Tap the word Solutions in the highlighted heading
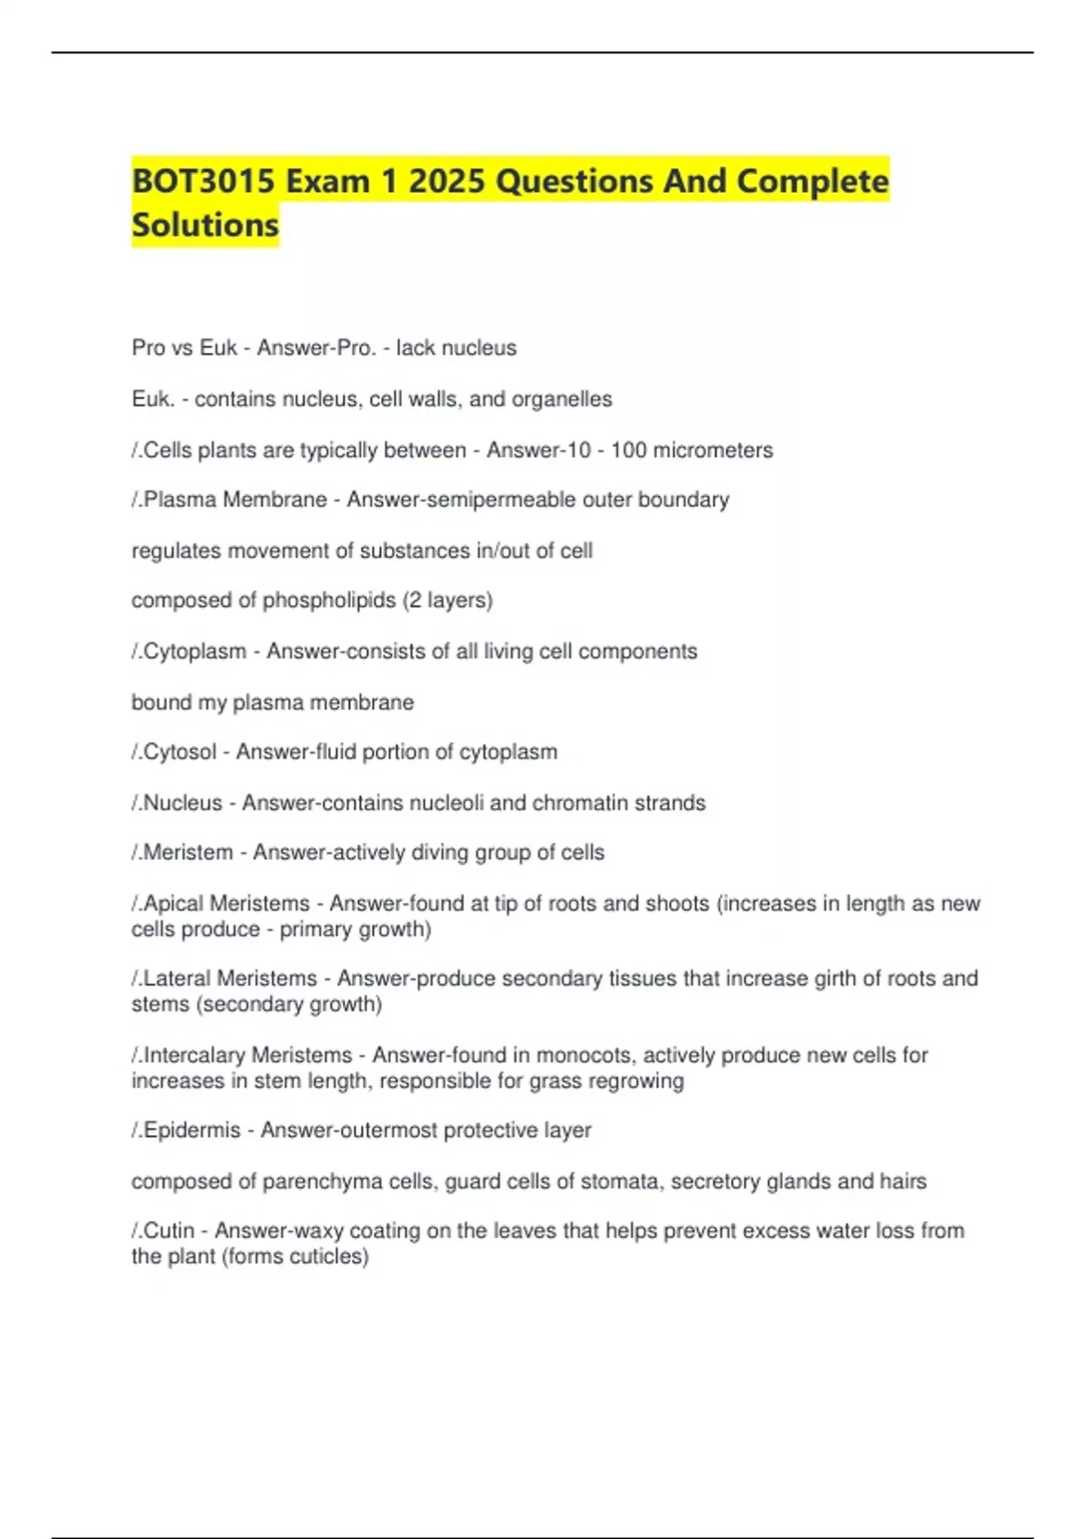point(205,225)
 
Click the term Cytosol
point(180,751)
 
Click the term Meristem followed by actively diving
point(187,853)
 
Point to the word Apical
point(174,903)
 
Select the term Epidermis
point(192,1131)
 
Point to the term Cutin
point(169,1231)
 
